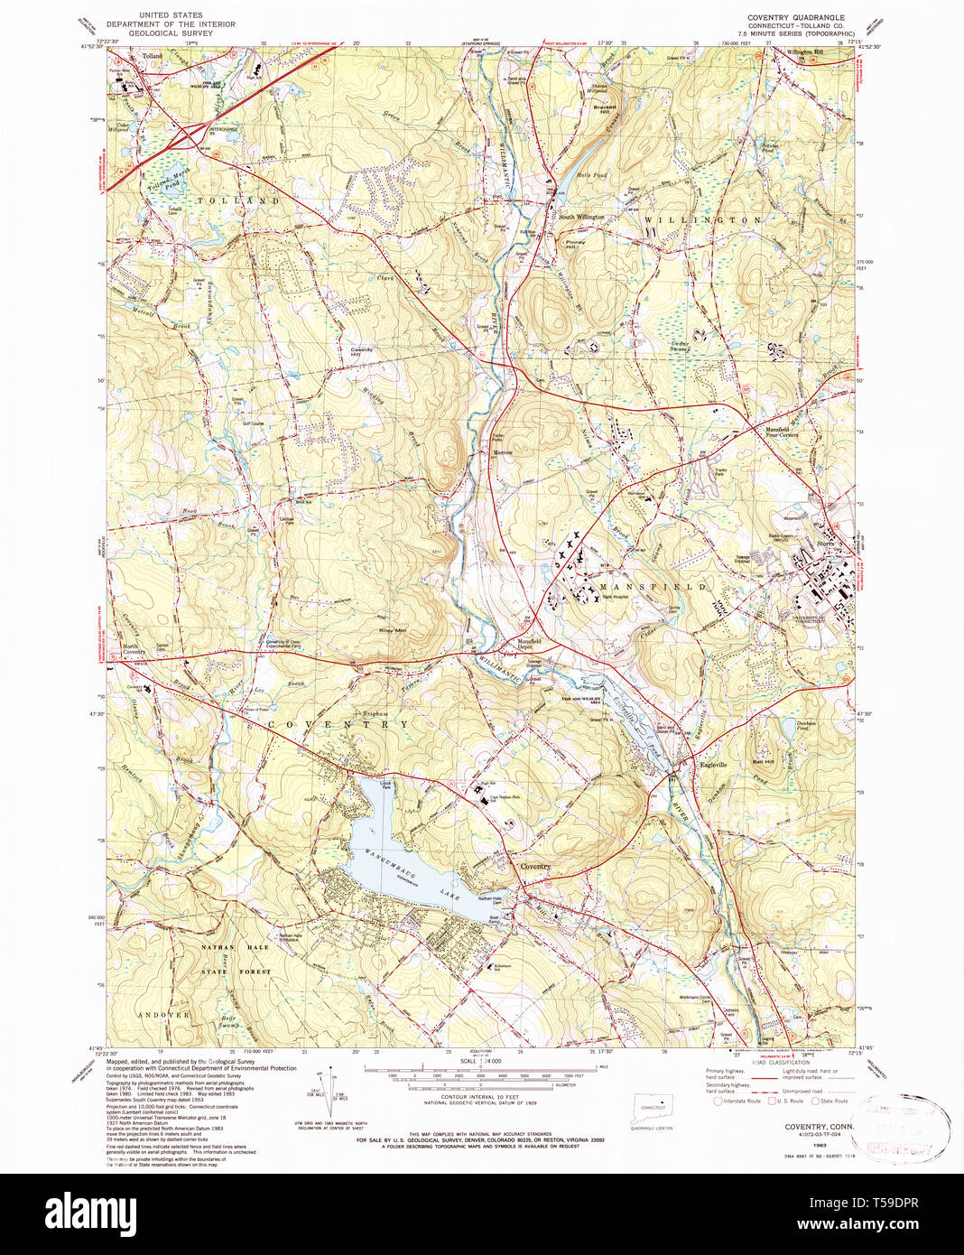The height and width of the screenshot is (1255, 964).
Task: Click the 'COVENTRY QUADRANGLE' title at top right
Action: pos(795,17)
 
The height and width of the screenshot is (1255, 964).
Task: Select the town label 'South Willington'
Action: pos(579,217)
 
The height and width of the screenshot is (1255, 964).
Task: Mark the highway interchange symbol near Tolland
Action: pos(192,135)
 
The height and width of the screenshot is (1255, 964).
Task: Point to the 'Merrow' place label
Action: pos(502,452)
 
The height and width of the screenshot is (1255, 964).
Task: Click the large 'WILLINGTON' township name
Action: pos(703,219)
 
